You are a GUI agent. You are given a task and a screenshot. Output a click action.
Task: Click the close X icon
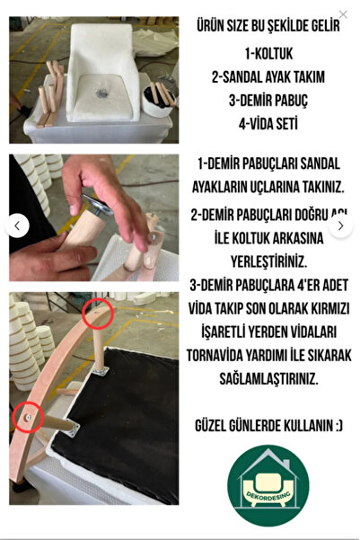pyautogui.click(x=343, y=14)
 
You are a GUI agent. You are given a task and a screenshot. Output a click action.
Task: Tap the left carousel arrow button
pyautogui.click(x=17, y=226)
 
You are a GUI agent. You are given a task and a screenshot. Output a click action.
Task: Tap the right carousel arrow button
pyautogui.click(x=340, y=226)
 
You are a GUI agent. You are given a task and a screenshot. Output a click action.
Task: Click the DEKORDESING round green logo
pyautogui.click(x=268, y=485)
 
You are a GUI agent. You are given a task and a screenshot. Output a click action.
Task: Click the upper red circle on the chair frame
pyautogui.click(x=98, y=314)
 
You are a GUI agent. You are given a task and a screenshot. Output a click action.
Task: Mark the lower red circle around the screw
pyautogui.click(x=28, y=417)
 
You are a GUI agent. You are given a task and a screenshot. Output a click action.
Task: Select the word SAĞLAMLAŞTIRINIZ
pyautogui.click(x=268, y=379)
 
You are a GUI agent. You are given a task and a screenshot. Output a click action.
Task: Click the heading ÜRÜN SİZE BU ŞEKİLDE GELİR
pyautogui.click(x=268, y=26)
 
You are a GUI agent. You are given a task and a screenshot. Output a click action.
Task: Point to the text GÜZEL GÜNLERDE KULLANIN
pyautogui.click(x=268, y=422)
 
